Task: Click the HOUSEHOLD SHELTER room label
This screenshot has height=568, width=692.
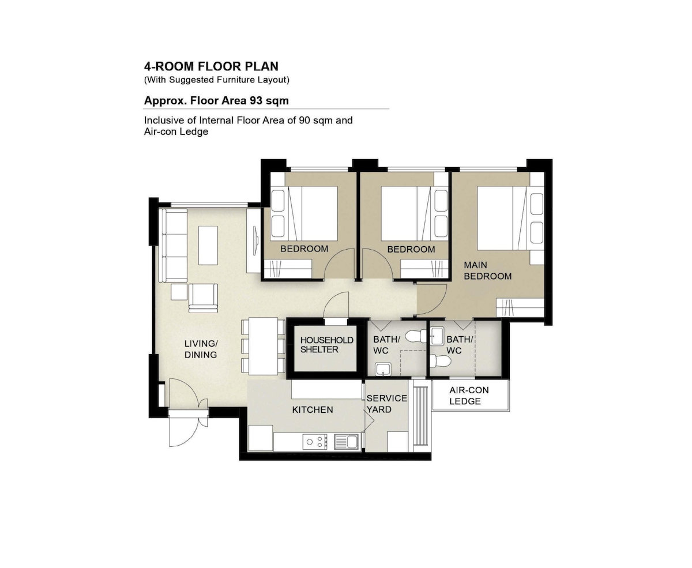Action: [x=326, y=344]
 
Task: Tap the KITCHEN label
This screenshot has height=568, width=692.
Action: [x=313, y=409]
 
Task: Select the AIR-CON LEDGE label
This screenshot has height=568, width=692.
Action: [x=469, y=396]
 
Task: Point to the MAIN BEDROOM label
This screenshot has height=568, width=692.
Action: [x=488, y=270]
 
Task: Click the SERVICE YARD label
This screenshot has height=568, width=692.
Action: [x=386, y=404]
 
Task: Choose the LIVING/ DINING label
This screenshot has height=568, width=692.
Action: [x=201, y=349]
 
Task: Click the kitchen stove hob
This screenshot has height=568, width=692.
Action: [x=315, y=442]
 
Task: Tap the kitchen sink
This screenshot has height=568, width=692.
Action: [x=346, y=442]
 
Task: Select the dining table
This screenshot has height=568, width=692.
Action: [x=263, y=346]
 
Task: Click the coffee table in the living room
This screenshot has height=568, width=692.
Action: [x=208, y=246]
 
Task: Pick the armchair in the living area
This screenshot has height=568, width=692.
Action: [x=203, y=298]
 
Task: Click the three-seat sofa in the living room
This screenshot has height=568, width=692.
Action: [x=173, y=246]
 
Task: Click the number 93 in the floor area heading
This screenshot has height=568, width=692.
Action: [x=256, y=100]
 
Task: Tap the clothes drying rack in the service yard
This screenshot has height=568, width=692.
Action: [x=422, y=416]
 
